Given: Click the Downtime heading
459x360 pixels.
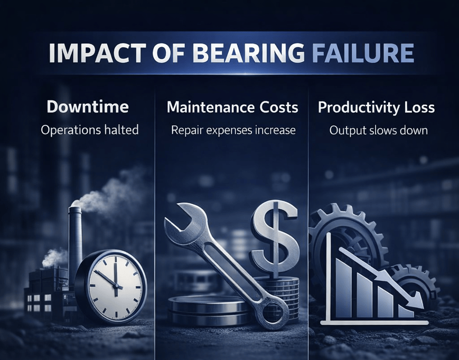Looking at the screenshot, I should tap(88, 107).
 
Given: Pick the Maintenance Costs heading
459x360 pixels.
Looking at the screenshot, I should tap(232, 107).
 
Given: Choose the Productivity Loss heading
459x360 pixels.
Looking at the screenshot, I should tap(376, 107).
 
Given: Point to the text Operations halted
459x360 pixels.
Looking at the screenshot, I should tap(90, 130).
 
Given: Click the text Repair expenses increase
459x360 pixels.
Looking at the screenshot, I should tap(233, 130).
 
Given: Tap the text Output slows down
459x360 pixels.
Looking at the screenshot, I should tap(378, 130).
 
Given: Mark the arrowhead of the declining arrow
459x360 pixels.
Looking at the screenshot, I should tap(417, 304).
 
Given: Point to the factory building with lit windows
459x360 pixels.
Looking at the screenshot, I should tap(45, 293).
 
